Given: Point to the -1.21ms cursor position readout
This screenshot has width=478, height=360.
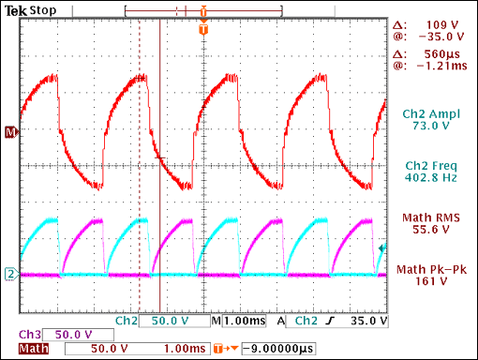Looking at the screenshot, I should [x=438, y=67].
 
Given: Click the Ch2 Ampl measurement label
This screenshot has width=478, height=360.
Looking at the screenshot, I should [x=432, y=113].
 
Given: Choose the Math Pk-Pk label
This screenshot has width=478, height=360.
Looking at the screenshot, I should [x=432, y=270].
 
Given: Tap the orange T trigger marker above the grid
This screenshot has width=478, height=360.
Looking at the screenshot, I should [x=203, y=30].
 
